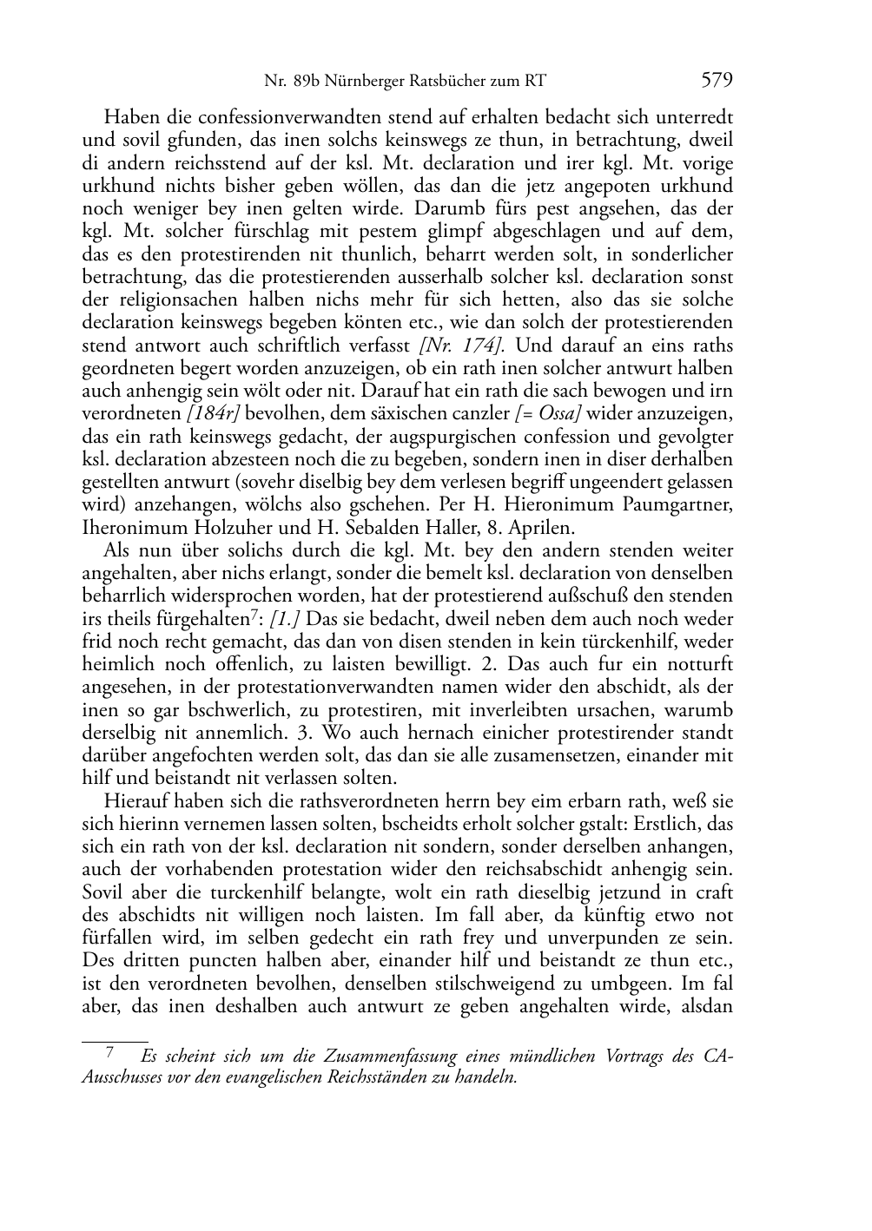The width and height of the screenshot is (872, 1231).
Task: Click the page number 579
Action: [717, 81]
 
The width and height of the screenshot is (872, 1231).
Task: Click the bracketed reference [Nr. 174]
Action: [467, 346]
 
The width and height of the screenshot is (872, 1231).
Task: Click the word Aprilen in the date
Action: [540, 528]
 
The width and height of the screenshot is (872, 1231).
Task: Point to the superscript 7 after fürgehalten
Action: [254, 614]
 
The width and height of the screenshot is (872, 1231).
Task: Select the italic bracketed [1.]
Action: [287, 619]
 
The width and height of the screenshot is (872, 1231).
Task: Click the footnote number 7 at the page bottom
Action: [110, 1054]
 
